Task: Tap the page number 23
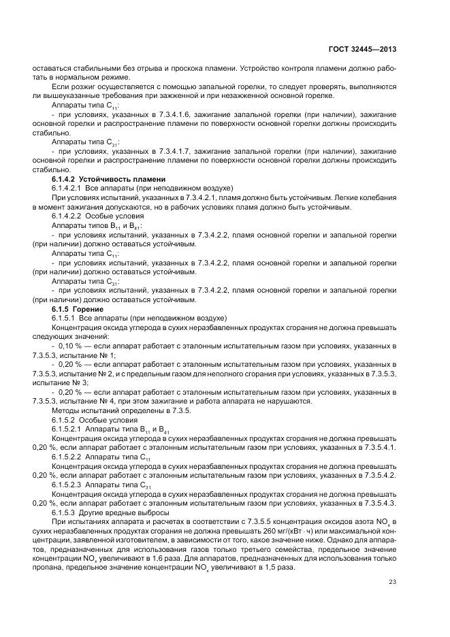pyautogui.click(x=392, y=581)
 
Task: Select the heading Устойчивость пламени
pyautogui.click(x=121, y=178)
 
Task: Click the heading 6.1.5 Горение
pyautogui.click(x=75, y=309)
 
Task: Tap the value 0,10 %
pyautogui.click(x=71, y=345)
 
